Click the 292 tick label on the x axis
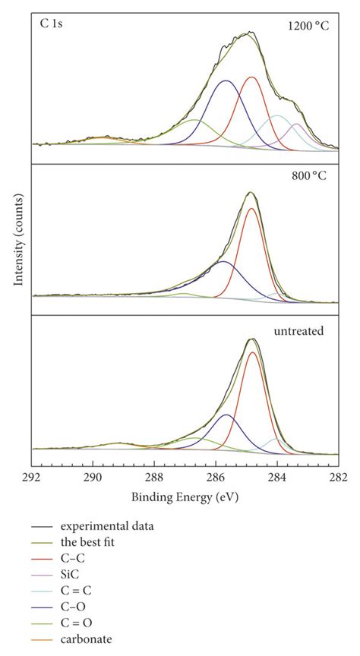tap(31, 478)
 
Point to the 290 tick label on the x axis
tap(93, 478)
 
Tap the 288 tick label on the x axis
tap(154, 478)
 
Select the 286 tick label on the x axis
tap(216, 478)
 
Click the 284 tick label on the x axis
tap(277, 478)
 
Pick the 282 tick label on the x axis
tap(338, 478)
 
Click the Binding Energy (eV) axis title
tap(185, 497)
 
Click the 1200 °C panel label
tap(308, 25)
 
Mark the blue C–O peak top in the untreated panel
tap(226, 415)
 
